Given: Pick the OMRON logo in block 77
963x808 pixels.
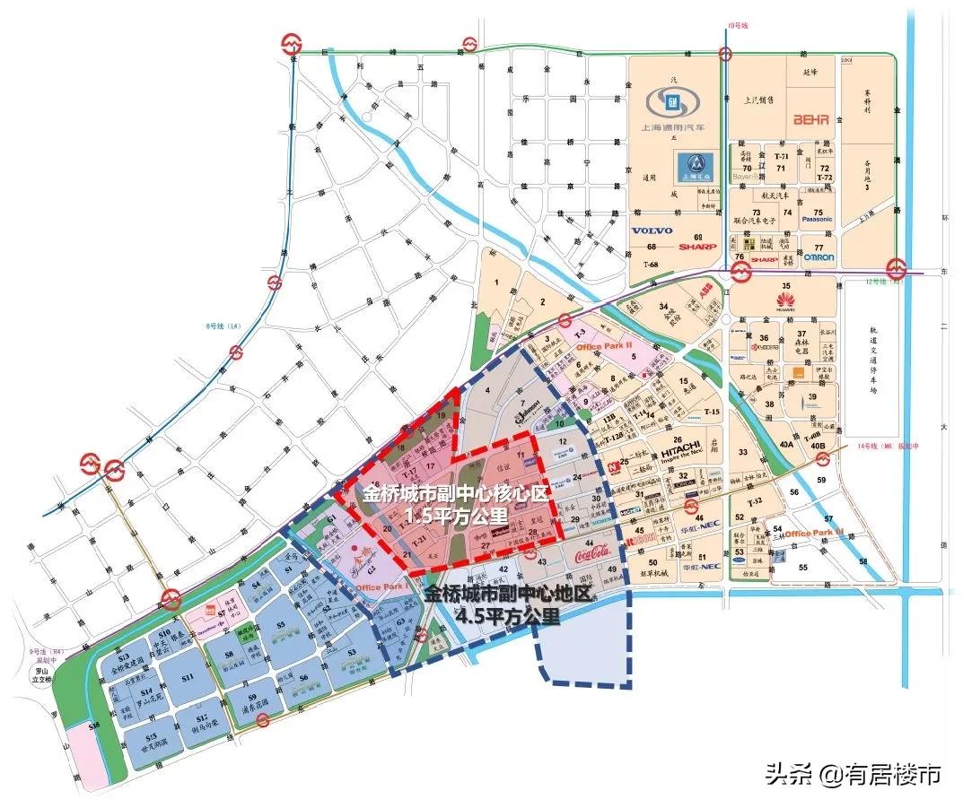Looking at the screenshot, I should click(x=819, y=257).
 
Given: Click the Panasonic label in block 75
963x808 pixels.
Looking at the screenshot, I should click(x=817, y=219).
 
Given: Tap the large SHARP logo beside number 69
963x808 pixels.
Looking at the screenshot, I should click(x=698, y=247).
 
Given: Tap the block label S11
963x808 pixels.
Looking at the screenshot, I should click(x=187, y=679).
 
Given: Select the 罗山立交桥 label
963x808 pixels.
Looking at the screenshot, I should click(x=40, y=674).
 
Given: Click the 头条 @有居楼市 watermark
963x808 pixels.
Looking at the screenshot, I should click(x=853, y=774).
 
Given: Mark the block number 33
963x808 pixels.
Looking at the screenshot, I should click(x=742, y=453).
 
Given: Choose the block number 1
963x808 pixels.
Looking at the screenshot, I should click(x=495, y=283).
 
